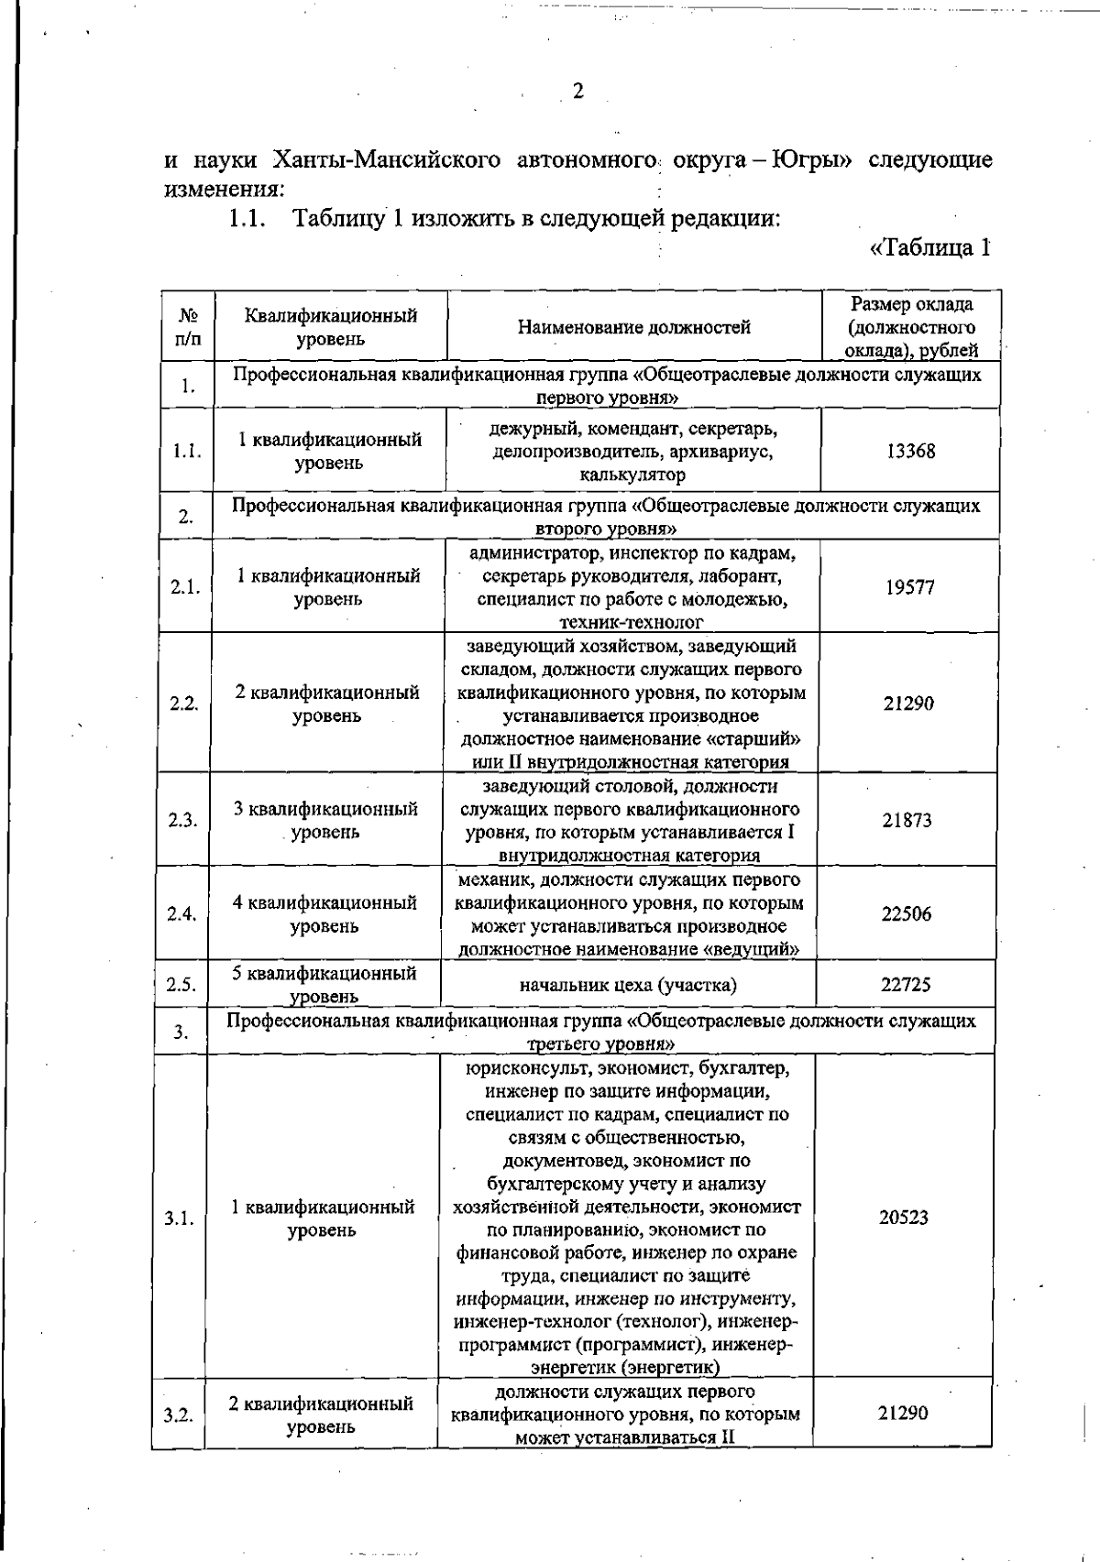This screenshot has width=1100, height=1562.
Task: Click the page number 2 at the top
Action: point(577,91)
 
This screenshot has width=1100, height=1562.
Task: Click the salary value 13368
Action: point(910,451)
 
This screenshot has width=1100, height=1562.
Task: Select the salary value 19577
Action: point(909,587)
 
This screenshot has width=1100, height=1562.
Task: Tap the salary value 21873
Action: point(907,820)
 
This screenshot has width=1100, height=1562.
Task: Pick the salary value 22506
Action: point(907,913)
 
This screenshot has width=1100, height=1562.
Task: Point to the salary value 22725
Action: point(906,985)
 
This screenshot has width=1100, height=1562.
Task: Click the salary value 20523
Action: point(904,1218)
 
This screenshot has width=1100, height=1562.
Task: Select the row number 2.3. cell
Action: point(183,820)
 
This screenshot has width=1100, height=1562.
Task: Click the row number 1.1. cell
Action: point(187,451)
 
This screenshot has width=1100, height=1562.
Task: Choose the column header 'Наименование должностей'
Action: point(634,327)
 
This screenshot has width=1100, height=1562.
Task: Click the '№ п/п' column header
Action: point(188,327)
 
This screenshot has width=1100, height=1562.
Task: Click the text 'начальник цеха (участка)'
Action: point(628,985)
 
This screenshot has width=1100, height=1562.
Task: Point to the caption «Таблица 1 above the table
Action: point(930,247)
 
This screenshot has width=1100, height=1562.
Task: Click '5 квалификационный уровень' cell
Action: point(324,984)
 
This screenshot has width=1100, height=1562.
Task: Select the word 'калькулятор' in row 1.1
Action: point(632,475)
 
